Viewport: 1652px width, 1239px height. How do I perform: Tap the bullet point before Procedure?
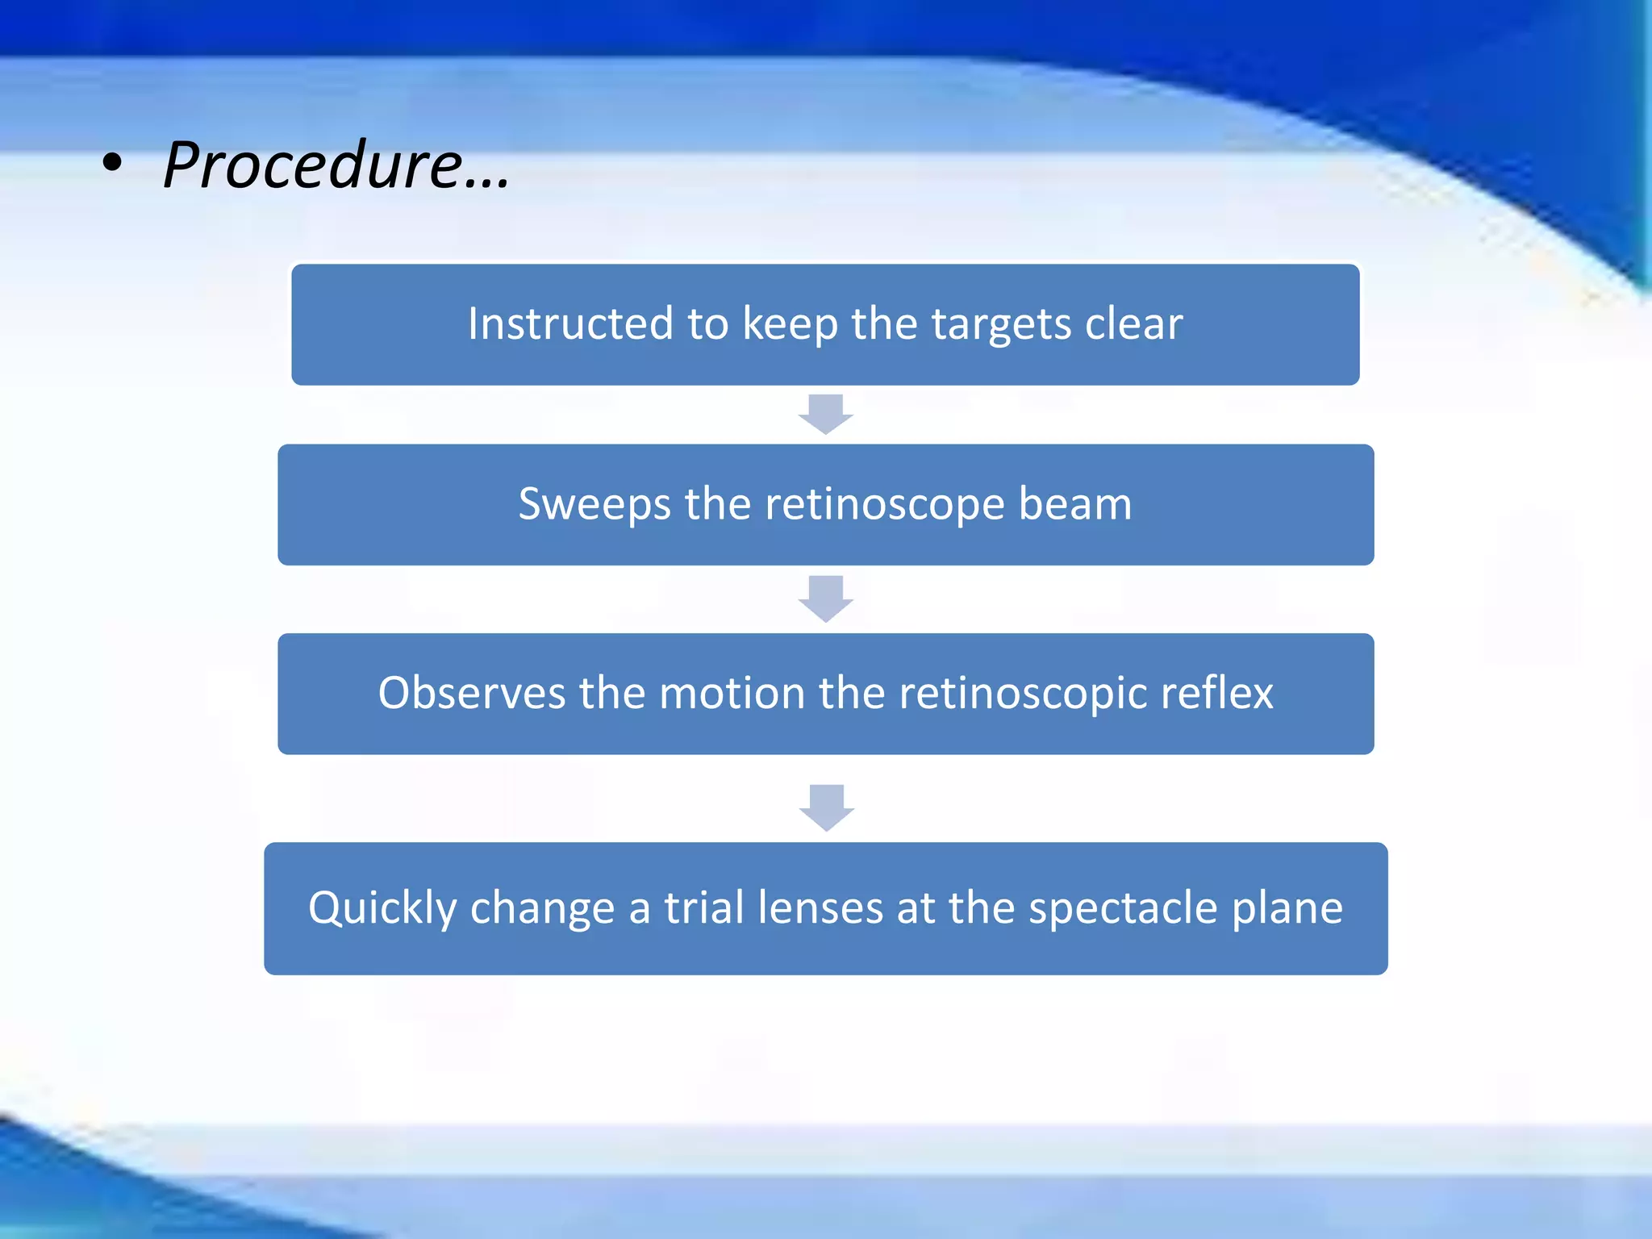pyautogui.click(x=112, y=164)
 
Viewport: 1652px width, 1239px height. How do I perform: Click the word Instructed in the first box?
pyautogui.click(x=570, y=323)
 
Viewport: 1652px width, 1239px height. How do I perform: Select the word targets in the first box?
pyautogui.click(x=1001, y=325)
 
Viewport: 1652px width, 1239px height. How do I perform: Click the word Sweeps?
pyautogui.click(x=594, y=505)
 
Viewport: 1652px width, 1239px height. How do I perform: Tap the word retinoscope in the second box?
pyautogui.click(x=884, y=504)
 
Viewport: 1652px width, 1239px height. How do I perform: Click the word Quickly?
pyautogui.click(x=382, y=909)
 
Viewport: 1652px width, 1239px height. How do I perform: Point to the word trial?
pyautogui.click(x=703, y=907)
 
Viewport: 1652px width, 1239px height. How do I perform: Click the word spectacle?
pyautogui.click(x=1123, y=909)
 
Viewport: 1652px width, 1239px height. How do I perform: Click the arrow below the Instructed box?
pyautogui.click(x=825, y=414)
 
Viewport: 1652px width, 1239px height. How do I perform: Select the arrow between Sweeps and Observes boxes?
pyautogui.click(x=825, y=599)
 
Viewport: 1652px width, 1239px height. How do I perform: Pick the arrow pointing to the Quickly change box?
pyautogui.click(x=826, y=807)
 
